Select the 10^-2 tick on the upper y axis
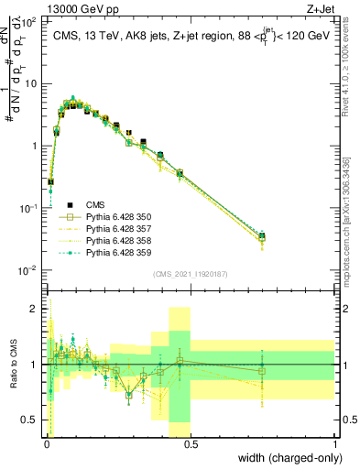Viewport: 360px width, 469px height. [29, 270]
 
